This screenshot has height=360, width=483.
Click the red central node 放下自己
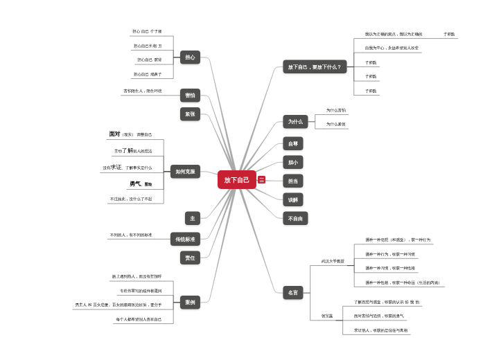pyautogui.click(x=237, y=180)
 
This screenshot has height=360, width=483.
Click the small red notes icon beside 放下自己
pyautogui.click(x=261, y=180)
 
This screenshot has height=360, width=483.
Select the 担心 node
pyautogui.click(x=190, y=57)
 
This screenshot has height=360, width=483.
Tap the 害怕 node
pyautogui.click(x=190, y=95)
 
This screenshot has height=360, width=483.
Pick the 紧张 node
pyautogui.click(x=190, y=114)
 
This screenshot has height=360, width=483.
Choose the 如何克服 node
pyautogui.click(x=185, y=171)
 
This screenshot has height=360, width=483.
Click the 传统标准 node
pyautogui.click(x=185, y=239)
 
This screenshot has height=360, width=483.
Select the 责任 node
pyautogui.click(x=190, y=258)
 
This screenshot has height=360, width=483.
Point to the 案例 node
pyautogui.click(x=190, y=302)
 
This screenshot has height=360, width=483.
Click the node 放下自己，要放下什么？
pyautogui.click(x=315, y=67)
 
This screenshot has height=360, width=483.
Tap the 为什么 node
pyautogui.click(x=295, y=122)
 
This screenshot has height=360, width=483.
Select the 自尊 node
pyautogui.click(x=293, y=144)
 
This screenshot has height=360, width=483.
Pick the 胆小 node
pyautogui.click(x=293, y=163)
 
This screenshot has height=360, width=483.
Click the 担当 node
pyautogui.click(x=293, y=181)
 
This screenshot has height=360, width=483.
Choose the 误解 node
pyautogui.click(x=293, y=199)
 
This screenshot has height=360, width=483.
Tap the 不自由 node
pyautogui.click(x=295, y=218)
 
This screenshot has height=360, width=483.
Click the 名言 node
pyautogui.click(x=293, y=292)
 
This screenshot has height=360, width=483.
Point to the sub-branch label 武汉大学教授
pyautogui.click(x=333, y=261)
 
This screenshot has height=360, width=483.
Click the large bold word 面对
pyautogui.click(x=115, y=134)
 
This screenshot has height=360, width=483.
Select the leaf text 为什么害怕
pyautogui.click(x=336, y=110)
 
